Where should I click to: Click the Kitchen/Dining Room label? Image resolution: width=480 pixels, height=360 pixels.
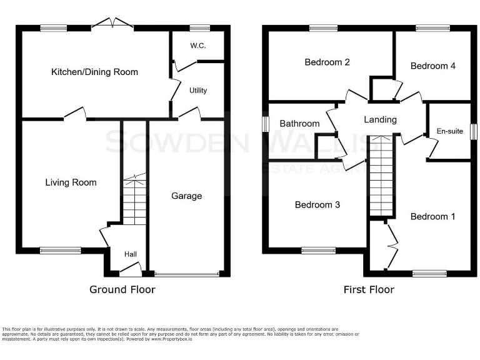pyautogui.click(x=94, y=72)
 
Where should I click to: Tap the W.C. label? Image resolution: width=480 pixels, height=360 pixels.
pyautogui.click(x=198, y=46)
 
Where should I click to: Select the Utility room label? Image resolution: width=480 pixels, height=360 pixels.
pyautogui.click(x=198, y=91)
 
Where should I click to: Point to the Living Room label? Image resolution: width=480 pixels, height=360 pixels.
pyautogui.click(x=71, y=182)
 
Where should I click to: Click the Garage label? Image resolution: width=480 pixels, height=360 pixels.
pyautogui.click(x=187, y=196)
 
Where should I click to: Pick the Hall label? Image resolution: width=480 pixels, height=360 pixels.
pyautogui.click(x=131, y=254)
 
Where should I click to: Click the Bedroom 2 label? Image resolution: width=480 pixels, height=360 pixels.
pyautogui.click(x=327, y=62)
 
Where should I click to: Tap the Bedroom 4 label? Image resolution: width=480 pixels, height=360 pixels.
pyautogui.click(x=429, y=66)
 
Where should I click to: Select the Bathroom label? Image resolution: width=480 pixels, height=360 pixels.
pyautogui.click(x=299, y=123)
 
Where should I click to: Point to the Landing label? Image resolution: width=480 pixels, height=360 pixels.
pyautogui.click(x=380, y=119)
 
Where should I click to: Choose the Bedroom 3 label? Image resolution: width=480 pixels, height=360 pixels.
pyautogui.click(x=317, y=204)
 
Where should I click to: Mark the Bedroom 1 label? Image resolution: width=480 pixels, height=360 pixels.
pyautogui.click(x=432, y=216)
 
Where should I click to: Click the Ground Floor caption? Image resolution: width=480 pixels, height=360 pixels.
pyautogui.click(x=122, y=289)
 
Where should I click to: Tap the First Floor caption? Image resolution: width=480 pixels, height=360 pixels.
pyautogui.click(x=369, y=289)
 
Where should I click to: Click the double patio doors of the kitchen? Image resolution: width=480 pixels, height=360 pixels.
pyautogui.click(x=112, y=25)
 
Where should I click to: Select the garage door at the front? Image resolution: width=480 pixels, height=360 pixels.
pyautogui.click(x=187, y=274)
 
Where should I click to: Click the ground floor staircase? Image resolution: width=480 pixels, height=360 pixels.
pyautogui.click(x=134, y=200)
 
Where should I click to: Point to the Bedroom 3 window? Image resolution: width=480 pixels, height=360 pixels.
pyautogui.click(x=318, y=251)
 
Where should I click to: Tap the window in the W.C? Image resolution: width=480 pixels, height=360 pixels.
pyautogui.click(x=200, y=27)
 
